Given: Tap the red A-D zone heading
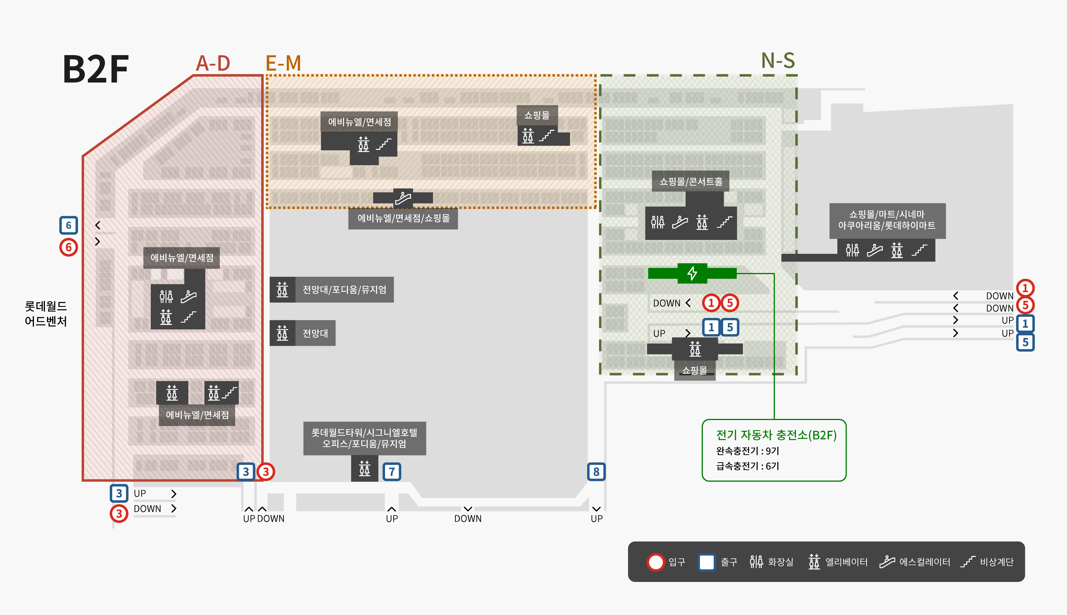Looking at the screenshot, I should point(213,64).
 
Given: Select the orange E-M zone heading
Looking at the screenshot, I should point(283,64).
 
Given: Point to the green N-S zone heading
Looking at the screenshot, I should point(778,61).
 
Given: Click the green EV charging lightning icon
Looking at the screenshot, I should point(692,273).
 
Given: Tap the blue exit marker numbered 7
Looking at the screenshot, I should point(392,471).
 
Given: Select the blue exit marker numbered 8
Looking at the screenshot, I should point(596,471).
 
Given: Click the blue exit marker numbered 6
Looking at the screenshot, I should point(68,225).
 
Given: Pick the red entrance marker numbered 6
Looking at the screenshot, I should point(68,247).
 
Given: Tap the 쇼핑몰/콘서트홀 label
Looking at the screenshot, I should point(691,182).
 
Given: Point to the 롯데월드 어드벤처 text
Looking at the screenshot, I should point(46,313).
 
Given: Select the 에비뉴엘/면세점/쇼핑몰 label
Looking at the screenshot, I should point(403,218).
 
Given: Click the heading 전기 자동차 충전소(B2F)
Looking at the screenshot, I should point(776,435).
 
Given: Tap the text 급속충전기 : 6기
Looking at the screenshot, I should point(747,466).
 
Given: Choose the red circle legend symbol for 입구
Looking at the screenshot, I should point(656,562).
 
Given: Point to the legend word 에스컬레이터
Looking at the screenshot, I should point(924,562).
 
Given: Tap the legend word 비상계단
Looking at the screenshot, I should point(997,562).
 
